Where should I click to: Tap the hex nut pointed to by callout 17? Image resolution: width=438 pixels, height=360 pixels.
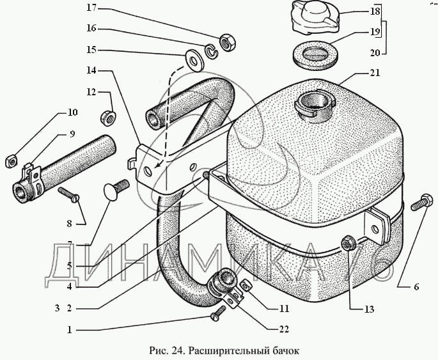(x=225, y=43)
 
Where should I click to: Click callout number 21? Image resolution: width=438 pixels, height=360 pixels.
(x=374, y=73)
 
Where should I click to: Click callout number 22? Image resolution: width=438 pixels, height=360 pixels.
(x=283, y=330)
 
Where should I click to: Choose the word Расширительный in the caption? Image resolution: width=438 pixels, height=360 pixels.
(x=224, y=350)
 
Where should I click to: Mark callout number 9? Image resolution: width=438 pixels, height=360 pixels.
(x=72, y=134)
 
